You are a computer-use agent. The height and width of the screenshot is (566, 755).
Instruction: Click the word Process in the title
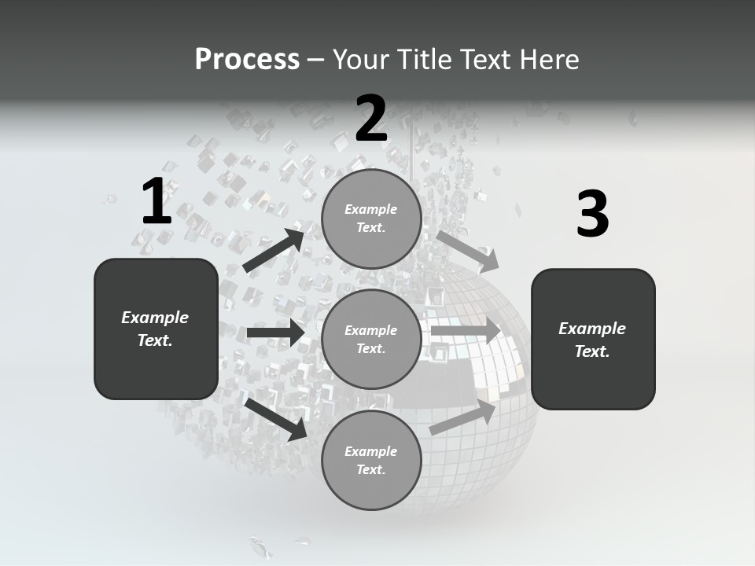[x=247, y=59]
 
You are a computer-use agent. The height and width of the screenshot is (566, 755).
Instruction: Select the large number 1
[x=157, y=202]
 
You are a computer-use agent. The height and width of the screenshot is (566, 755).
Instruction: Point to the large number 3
[x=592, y=215]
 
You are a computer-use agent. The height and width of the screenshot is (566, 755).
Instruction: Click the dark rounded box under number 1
[x=156, y=329]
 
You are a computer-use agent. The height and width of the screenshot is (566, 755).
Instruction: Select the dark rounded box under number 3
[x=593, y=340]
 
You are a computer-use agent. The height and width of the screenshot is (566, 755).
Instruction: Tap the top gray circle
[x=371, y=219]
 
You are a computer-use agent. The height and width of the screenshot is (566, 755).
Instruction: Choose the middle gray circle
[x=371, y=339]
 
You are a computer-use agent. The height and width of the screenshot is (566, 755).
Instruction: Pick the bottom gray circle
[x=371, y=460]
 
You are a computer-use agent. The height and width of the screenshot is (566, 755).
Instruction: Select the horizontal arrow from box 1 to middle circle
[x=275, y=333]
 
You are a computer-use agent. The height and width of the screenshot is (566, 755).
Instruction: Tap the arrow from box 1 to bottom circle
[x=276, y=418]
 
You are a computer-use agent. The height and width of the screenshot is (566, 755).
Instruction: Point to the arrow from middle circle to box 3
[x=465, y=330]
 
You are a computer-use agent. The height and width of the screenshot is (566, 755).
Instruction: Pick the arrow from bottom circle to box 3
[x=463, y=417]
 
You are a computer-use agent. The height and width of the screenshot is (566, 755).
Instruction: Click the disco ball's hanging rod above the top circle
[x=414, y=149]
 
